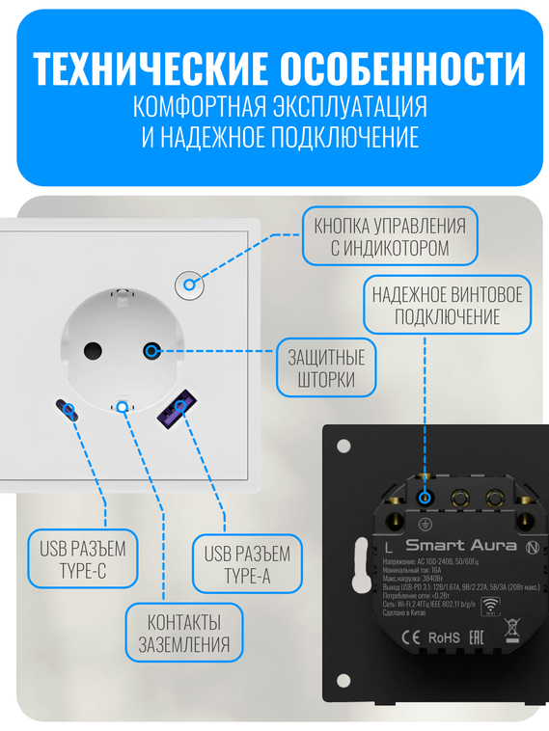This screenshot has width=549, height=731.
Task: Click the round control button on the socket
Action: coord(189,284)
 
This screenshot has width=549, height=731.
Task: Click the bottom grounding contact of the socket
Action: coord(122,405)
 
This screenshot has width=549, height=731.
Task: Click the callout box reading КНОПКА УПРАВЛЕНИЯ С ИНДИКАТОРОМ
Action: coord(390,236)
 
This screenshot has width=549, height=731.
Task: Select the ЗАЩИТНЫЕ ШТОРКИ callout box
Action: coord(327,367)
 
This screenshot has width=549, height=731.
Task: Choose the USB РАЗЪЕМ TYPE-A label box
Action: coord(247,565)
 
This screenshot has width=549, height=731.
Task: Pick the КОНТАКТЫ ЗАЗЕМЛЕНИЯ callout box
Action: coord(184,633)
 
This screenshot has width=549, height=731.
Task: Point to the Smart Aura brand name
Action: coord(462,546)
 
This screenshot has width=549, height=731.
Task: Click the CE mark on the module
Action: coord(408,637)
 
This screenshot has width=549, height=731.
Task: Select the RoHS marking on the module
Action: coord(444,637)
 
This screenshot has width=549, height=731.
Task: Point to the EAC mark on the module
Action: coord(477,637)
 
